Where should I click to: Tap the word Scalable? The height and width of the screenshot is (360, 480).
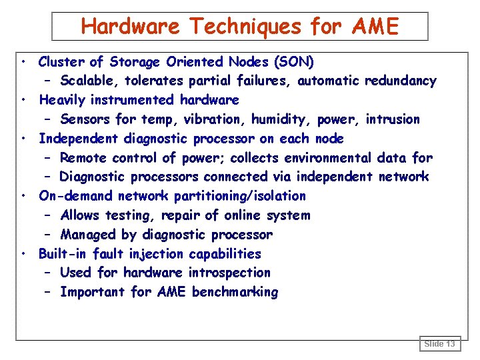click(x=88, y=81)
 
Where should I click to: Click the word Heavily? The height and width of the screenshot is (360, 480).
click(x=63, y=101)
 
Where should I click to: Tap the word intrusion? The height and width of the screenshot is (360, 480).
click(x=393, y=120)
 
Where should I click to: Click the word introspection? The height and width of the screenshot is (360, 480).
click(x=229, y=273)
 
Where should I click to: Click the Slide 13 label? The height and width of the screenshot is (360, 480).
click(x=440, y=344)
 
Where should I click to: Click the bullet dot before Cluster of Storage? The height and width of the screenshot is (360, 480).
click(x=23, y=62)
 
